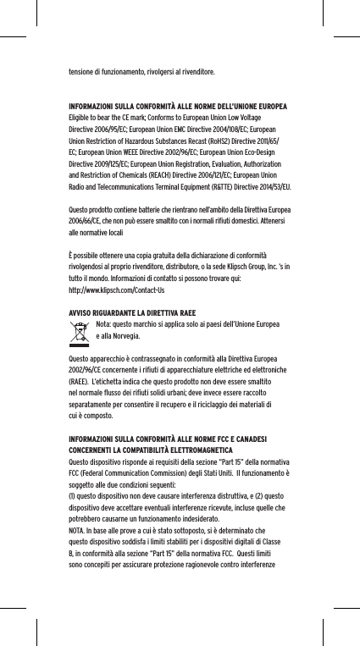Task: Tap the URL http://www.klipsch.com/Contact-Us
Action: [116, 289]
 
